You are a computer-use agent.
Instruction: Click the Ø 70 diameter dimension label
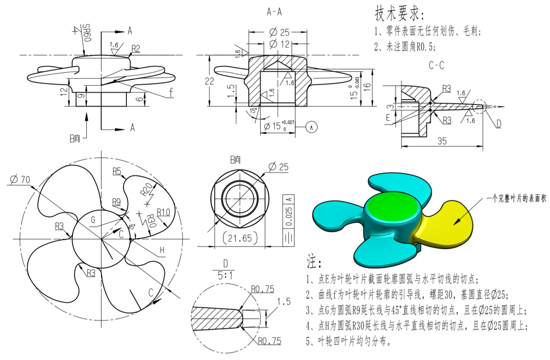click(x=19, y=179)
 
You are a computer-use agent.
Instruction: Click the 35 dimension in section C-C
click(x=442, y=141)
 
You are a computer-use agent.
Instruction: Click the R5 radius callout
click(x=117, y=171)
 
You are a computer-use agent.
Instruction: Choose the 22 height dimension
click(x=209, y=82)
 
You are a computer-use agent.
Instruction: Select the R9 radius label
click(x=117, y=201)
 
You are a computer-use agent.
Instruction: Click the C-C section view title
click(x=436, y=65)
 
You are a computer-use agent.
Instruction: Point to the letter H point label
click(x=162, y=249)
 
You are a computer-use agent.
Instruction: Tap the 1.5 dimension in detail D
click(x=284, y=302)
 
